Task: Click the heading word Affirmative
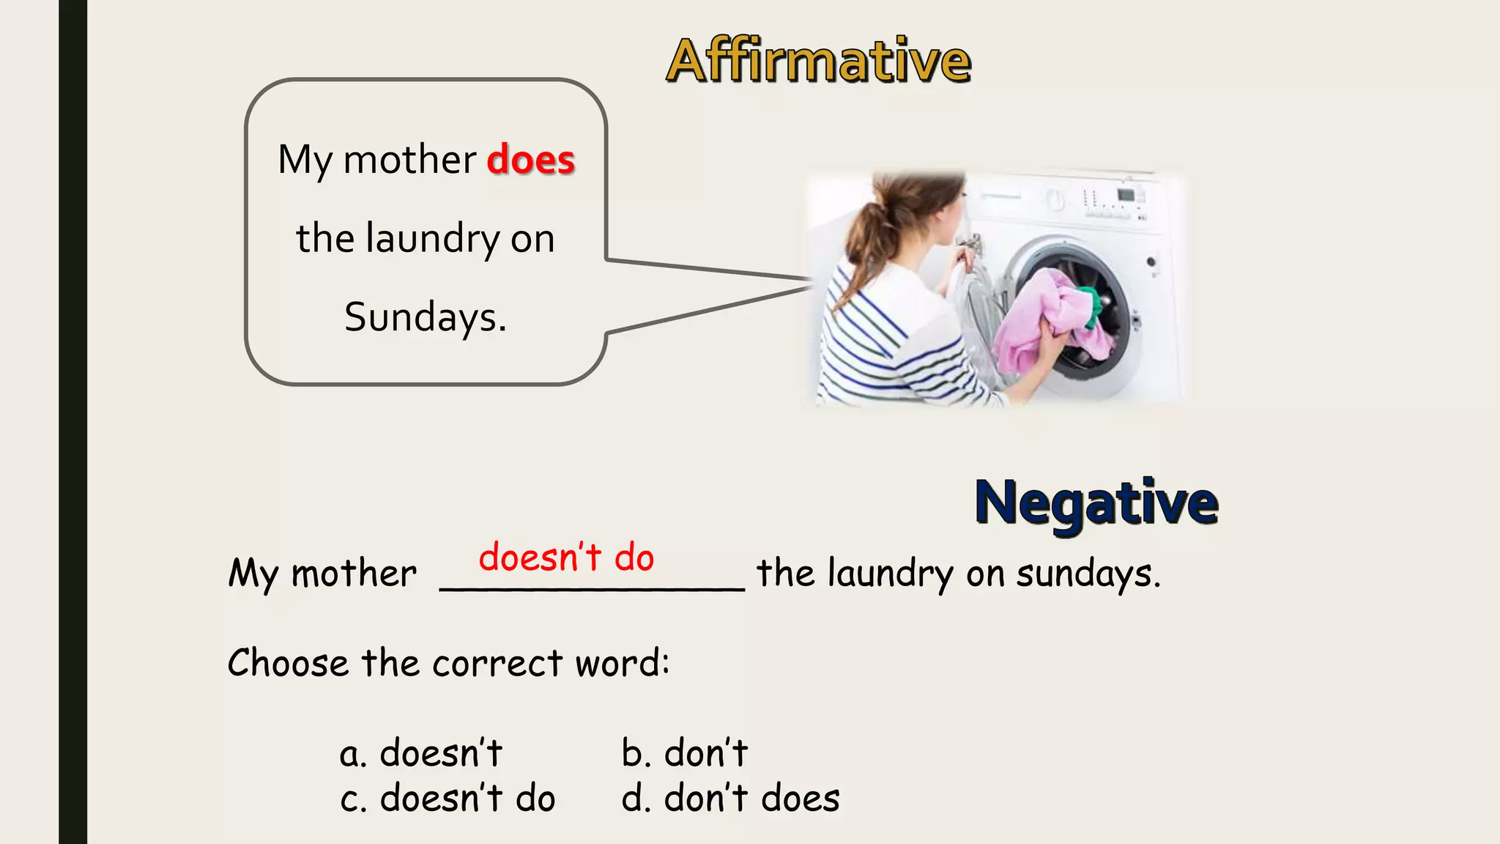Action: click(x=818, y=61)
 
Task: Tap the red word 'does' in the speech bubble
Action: click(x=531, y=160)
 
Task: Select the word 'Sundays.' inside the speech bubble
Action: click(x=426, y=317)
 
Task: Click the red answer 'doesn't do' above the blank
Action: click(x=566, y=558)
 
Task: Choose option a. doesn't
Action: click(x=421, y=753)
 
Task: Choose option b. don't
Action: click(x=685, y=753)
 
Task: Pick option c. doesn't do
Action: click(x=448, y=798)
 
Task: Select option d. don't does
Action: click(x=730, y=798)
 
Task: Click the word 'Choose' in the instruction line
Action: click(x=288, y=663)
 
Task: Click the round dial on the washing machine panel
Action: click(x=1055, y=199)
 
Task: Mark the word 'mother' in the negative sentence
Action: click(x=354, y=574)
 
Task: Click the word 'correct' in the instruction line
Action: click(x=497, y=664)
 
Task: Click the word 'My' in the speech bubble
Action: click(x=305, y=161)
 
